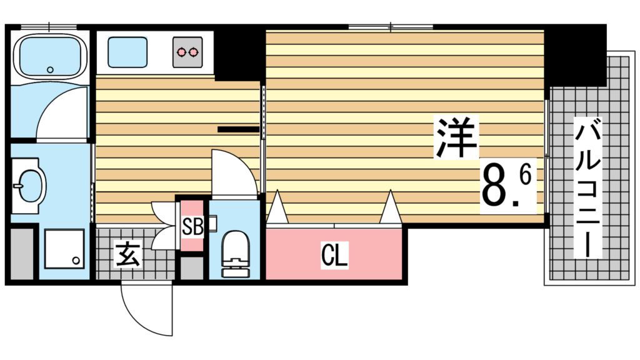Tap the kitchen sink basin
pos(128,52)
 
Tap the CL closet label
pos(334,256)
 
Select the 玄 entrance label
pos(127,255)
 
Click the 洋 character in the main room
pos(457,139)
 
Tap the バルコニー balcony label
pos(587,189)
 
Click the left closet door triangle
pos(277,209)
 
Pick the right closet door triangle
pos(391,208)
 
